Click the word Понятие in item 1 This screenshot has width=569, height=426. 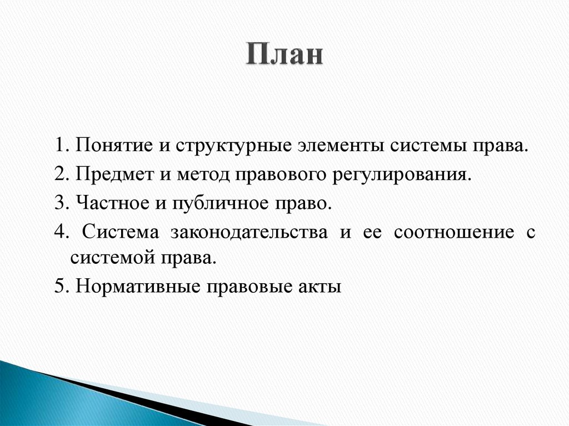click(x=115, y=148)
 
